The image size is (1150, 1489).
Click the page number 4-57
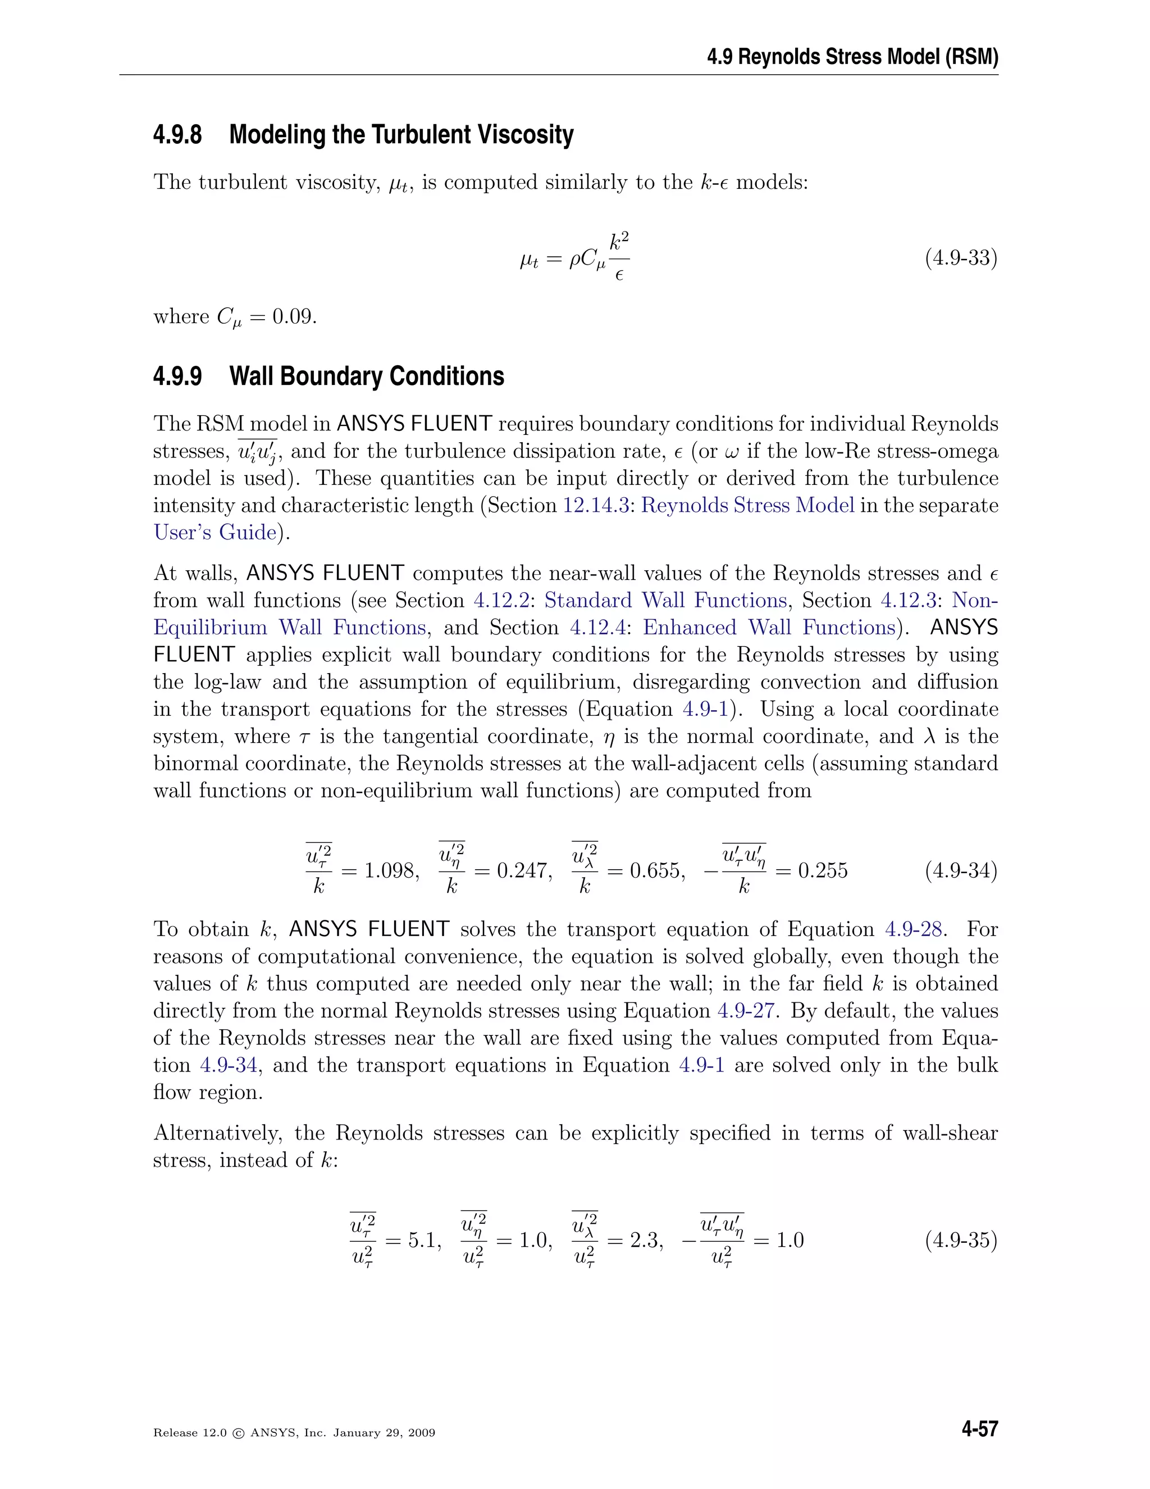click(x=979, y=1429)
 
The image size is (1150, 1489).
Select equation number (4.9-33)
click(x=961, y=258)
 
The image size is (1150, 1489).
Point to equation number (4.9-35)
click(x=961, y=1240)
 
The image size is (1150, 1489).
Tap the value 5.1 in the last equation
click(x=422, y=1240)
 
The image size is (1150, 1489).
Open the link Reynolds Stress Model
click(x=747, y=505)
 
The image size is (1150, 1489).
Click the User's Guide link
click(x=215, y=533)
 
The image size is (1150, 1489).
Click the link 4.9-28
click(x=913, y=929)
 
